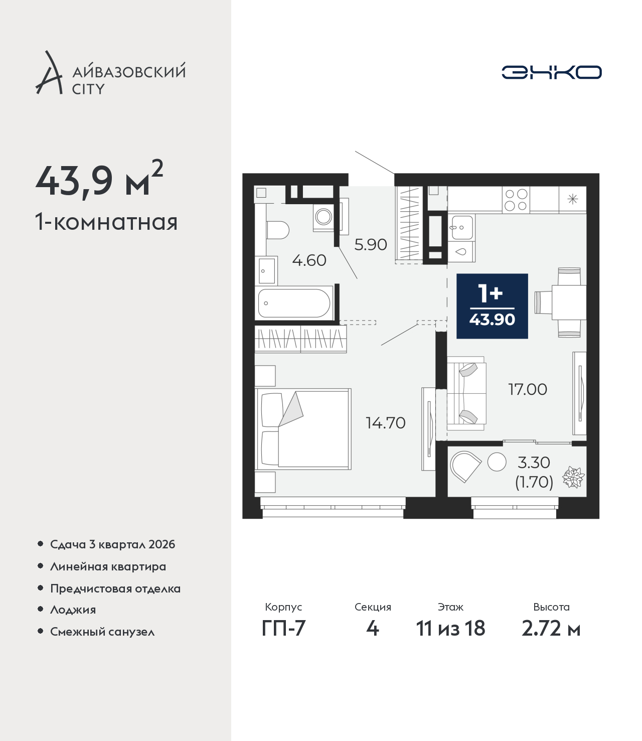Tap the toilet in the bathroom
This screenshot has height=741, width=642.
click(278, 230)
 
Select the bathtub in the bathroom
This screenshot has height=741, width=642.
click(294, 304)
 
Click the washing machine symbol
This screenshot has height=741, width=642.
click(324, 217)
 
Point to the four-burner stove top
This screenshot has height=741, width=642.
click(516, 199)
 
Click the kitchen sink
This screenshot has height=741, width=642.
click(462, 227)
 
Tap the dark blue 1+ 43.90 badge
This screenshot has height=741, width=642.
click(492, 306)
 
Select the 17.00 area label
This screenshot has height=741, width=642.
click(528, 389)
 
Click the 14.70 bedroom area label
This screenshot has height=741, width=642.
click(385, 423)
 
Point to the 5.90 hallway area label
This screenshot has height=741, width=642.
click(371, 245)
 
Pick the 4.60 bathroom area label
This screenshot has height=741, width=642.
click(309, 260)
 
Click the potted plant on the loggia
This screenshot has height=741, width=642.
click(573, 478)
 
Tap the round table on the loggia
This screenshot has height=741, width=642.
click(497, 462)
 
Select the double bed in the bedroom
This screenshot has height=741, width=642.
click(303, 429)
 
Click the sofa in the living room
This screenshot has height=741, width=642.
click(466, 393)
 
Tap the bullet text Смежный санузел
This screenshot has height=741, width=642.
click(102, 632)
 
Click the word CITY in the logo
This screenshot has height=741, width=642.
click(88, 89)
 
